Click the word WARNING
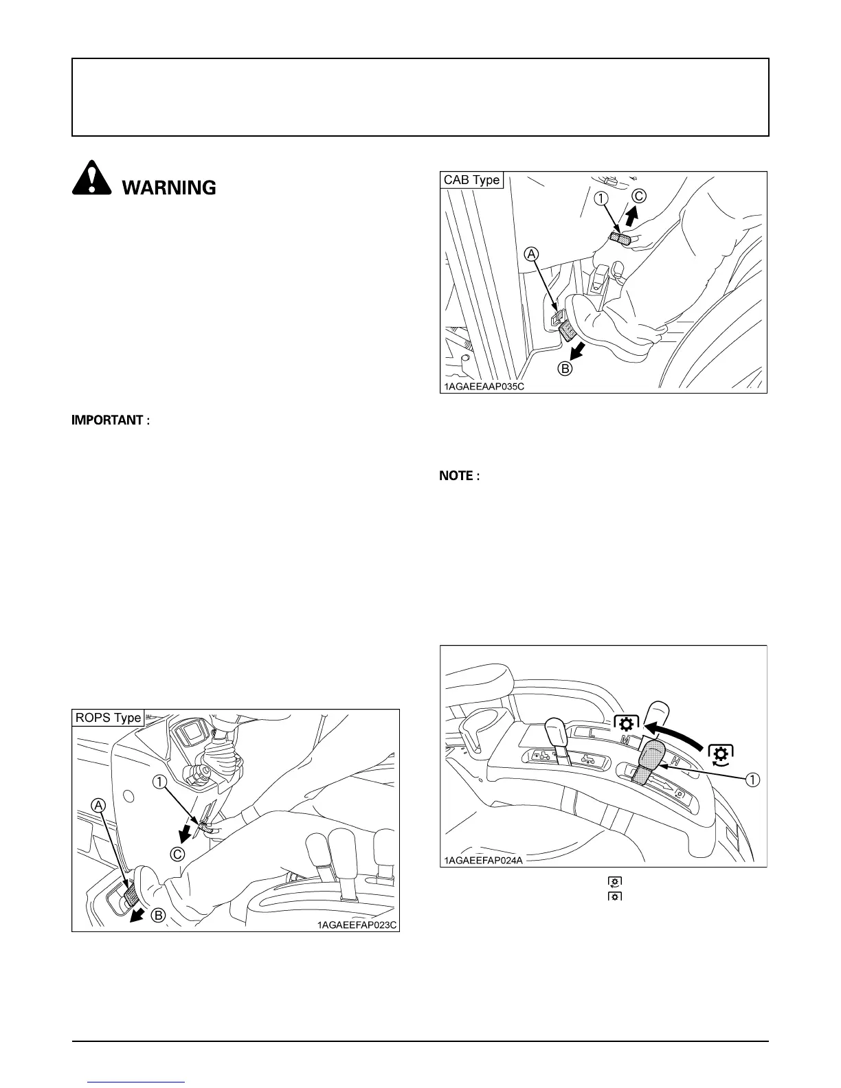pos(169,188)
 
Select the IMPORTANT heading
pos(111,420)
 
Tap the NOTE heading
pos(460,475)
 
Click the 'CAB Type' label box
pos(472,180)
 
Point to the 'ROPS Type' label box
pos(109,718)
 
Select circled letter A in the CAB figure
pos(531,254)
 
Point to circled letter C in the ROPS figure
pos(177,854)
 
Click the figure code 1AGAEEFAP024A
pos(483,861)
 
